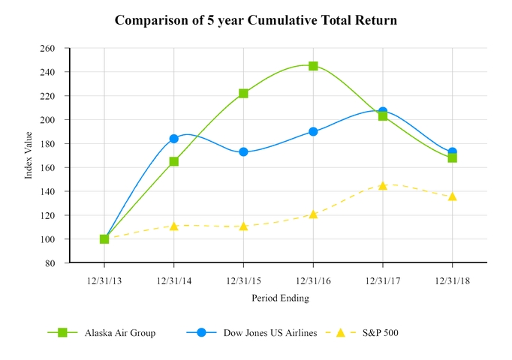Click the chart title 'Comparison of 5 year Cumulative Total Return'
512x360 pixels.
pyautogui.click(x=256, y=20)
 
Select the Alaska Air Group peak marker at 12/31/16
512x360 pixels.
pyautogui.click(x=313, y=66)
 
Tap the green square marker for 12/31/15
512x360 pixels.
pyautogui.click(x=243, y=93)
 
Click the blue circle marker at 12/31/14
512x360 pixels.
pyautogui.click(x=174, y=139)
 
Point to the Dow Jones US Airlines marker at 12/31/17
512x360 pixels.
pyautogui.click(x=383, y=112)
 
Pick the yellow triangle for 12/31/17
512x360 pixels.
pyautogui.click(x=383, y=185)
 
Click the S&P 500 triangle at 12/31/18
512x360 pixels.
pyautogui.click(x=452, y=196)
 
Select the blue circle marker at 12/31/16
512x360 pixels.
pyautogui.click(x=313, y=131)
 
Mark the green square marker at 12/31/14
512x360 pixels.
pyautogui.click(x=174, y=161)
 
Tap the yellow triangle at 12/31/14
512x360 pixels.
pyautogui.click(x=174, y=226)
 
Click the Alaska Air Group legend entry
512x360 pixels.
pyautogui.click(x=101, y=333)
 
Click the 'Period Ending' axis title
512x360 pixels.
pyautogui.click(x=279, y=298)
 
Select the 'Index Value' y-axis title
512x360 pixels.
pyautogui.click(x=29, y=155)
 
